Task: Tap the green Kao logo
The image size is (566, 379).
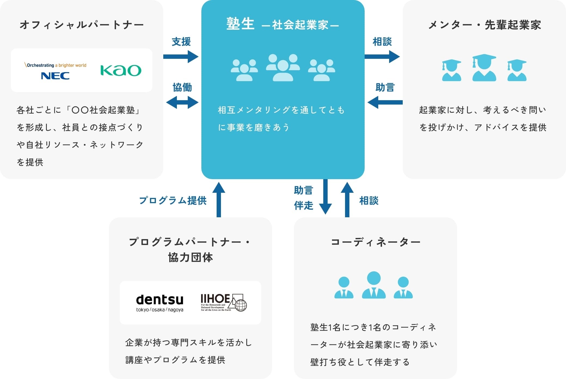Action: pyautogui.click(x=121, y=71)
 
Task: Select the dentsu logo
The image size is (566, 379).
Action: pyautogui.click(x=160, y=302)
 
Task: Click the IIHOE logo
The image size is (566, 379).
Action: pyautogui.click(x=223, y=302)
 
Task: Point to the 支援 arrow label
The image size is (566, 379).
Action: pyautogui.click(x=181, y=42)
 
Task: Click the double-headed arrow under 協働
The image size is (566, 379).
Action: pyautogui.click(x=182, y=103)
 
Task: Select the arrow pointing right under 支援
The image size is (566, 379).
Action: pyautogui.click(x=181, y=57)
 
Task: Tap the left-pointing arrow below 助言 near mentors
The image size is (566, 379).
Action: pyautogui.click(x=385, y=103)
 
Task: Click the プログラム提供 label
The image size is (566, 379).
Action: pyautogui.click(x=173, y=201)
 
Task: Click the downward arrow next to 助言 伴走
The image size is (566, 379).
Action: pyautogui.click(x=325, y=197)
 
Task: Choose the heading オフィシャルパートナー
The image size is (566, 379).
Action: pyautogui.click(x=82, y=25)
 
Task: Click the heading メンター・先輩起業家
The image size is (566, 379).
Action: pyautogui.click(x=484, y=25)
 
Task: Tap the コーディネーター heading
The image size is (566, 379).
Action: pyautogui.click(x=376, y=242)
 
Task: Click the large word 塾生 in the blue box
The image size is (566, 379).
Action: pyautogui.click(x=240, y=24)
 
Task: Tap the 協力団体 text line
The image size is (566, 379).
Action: pyautogui.click(x=190, y=257)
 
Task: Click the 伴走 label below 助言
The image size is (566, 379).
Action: pyautogui.click(x=304, y=206)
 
